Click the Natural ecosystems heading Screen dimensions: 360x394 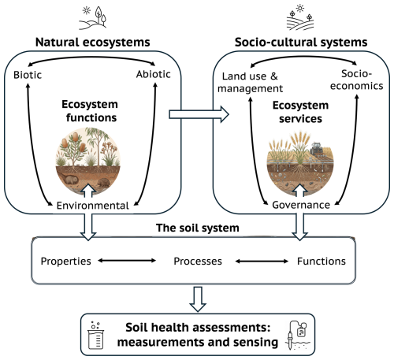(x=91, y=41)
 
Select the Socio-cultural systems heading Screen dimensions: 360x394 (x=301, y=41)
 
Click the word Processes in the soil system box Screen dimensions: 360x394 (x=198, y=259)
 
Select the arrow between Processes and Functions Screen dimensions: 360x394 (x=262, y=259)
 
